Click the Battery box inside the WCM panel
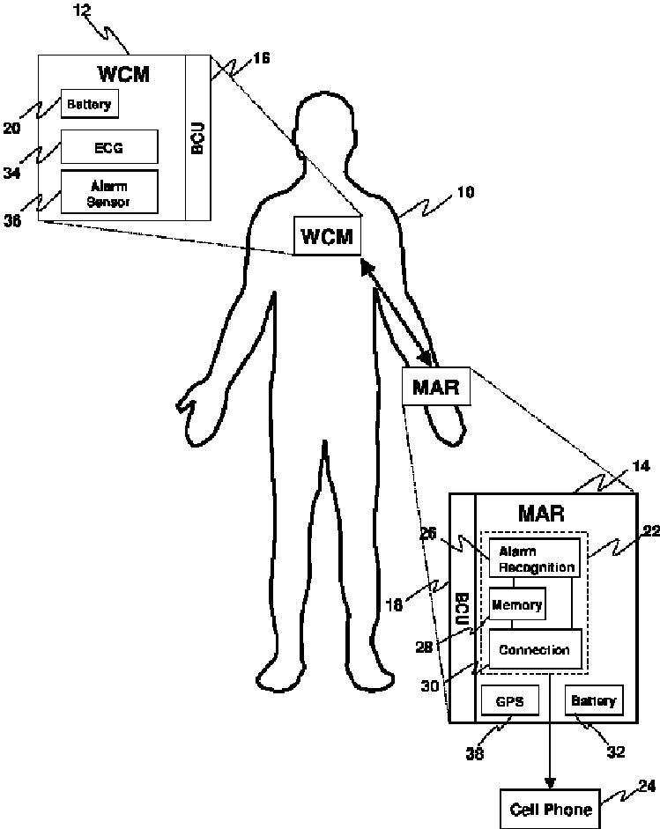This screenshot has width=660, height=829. (x=89, y=105)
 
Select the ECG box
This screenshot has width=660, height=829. (x=108, y=147)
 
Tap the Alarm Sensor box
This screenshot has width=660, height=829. (x=108, y=193)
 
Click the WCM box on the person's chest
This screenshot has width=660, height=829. (x=327, y=237)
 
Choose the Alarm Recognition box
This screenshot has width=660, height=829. (x=536, y=559)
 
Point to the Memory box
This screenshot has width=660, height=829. (x=516, y=605)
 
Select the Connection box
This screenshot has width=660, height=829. (x=535, y=650)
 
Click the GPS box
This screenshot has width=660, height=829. (x=510, y=702)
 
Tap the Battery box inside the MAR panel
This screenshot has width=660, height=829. (x=593, y=701)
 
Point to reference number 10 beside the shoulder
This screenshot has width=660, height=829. (x=465, y=192)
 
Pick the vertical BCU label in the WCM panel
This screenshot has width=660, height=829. (x=198, y=135)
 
